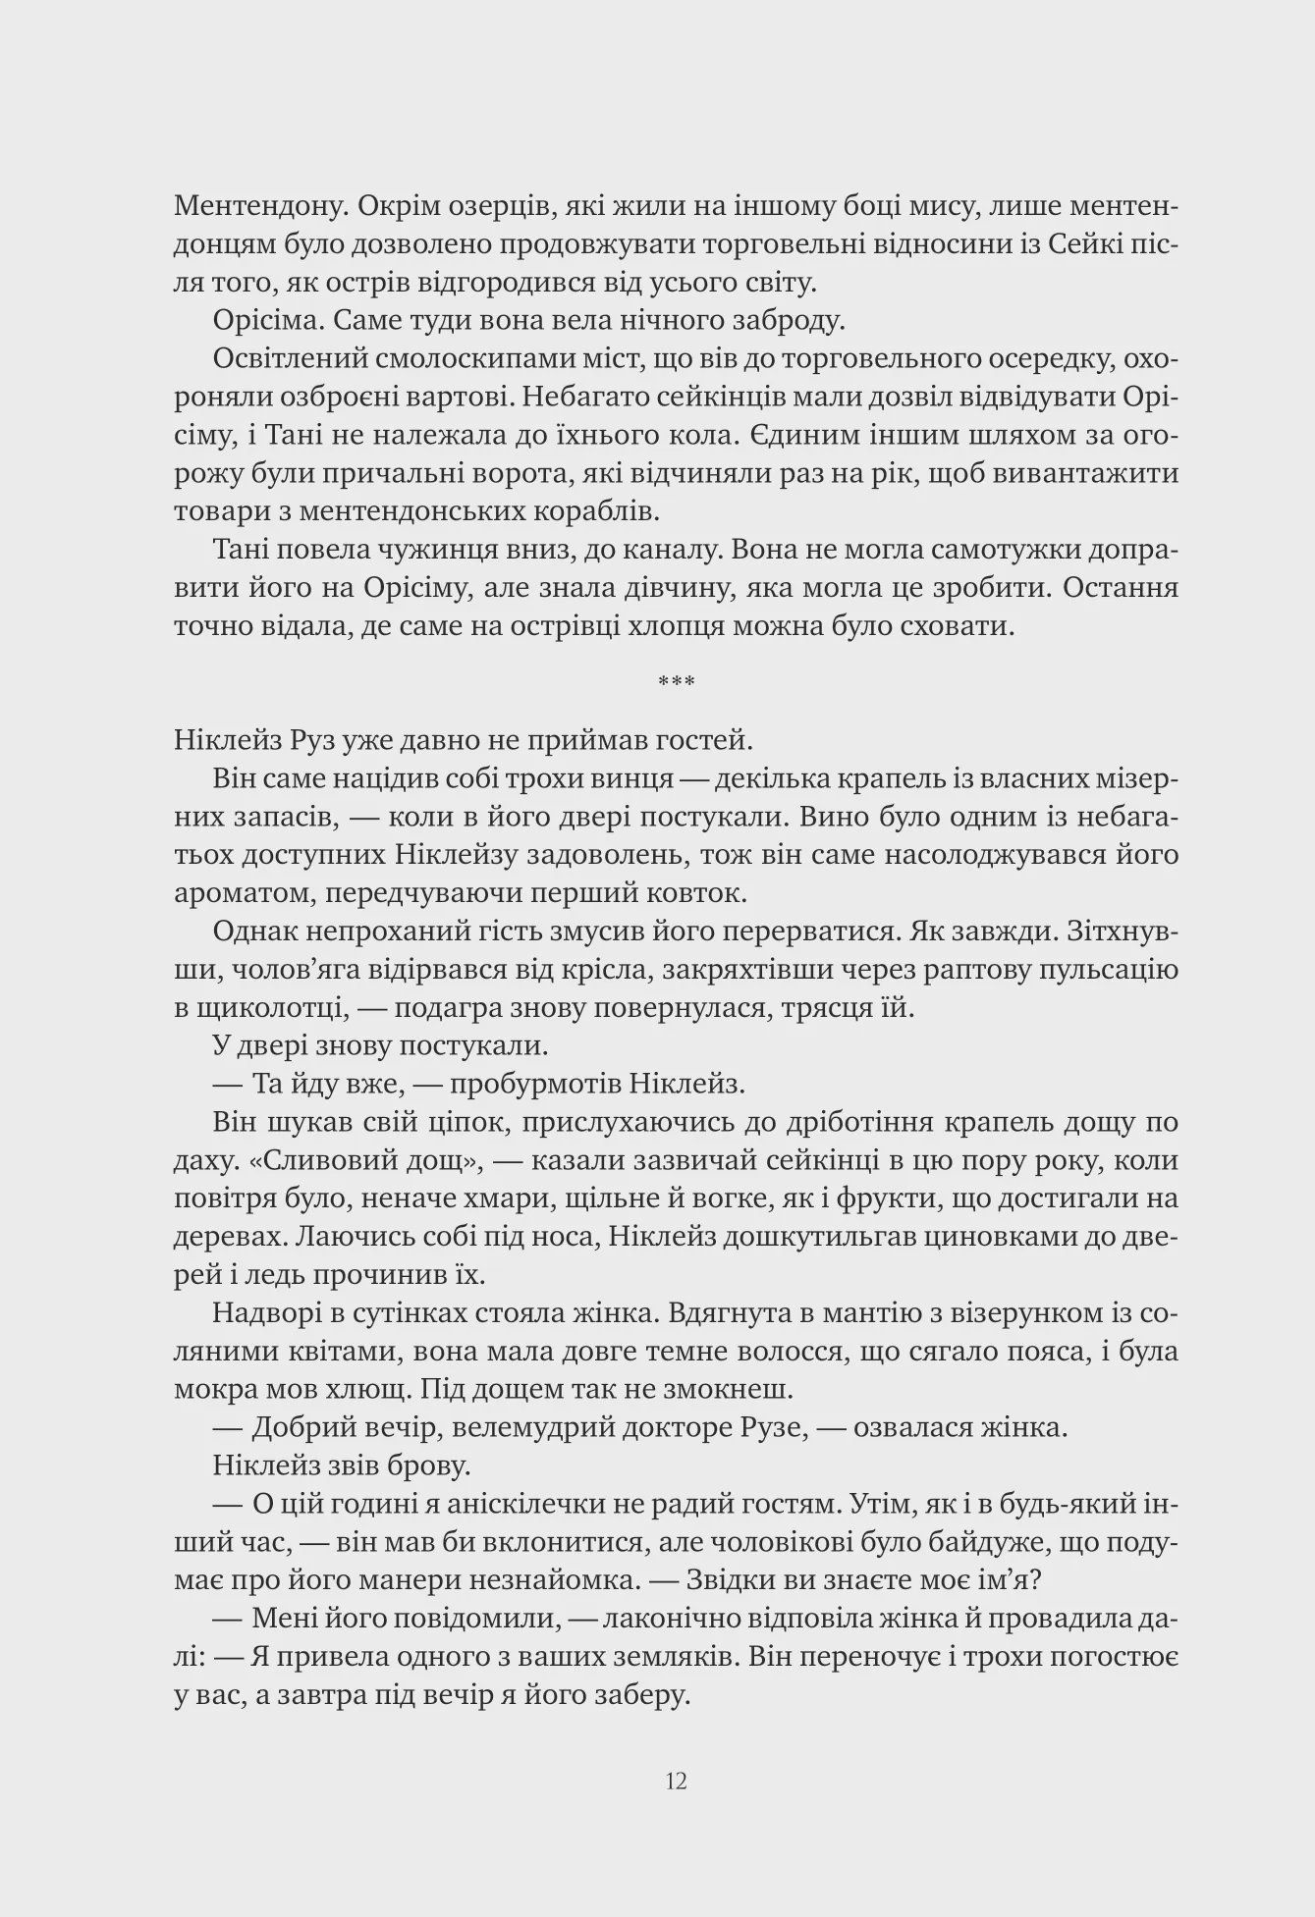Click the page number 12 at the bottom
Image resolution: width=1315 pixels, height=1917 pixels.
click(x=676, y=1781)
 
